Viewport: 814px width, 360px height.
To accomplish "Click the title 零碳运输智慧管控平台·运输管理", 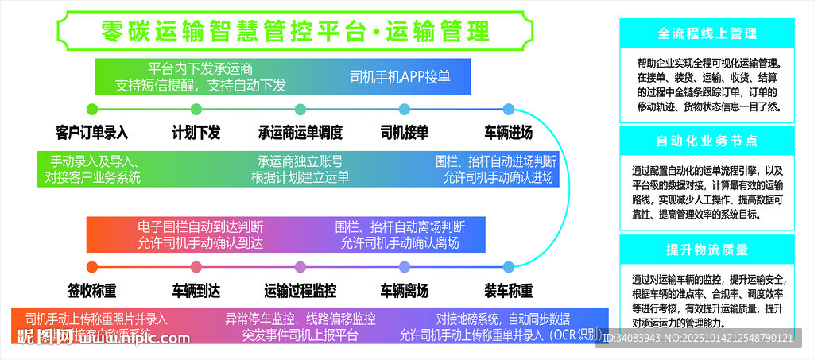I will (296, 31).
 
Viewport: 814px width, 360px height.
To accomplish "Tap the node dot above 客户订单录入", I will (92, 109).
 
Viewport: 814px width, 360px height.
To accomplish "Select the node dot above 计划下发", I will (196, 109).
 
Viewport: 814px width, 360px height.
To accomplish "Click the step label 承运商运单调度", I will (300, 132).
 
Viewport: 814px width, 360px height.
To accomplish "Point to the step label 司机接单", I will (405, 132).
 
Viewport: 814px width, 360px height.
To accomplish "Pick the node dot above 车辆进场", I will (509, 109).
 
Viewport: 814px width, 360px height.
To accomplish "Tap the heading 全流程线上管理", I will (707, 34).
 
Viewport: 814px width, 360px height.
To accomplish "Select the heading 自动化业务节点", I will (707, 141).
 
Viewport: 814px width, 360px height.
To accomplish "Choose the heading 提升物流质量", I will (707, 250).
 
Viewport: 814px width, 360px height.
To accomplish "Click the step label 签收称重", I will (92, 289).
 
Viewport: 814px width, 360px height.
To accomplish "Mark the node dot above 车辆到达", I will (196, 267).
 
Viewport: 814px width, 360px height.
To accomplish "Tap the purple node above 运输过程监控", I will (300, 267).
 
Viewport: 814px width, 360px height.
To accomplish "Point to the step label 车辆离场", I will (405, 289).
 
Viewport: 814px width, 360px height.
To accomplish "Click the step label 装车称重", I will (509, 289).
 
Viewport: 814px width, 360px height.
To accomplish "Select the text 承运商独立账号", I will (300, 160).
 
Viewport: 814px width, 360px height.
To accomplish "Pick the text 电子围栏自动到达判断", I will (200, 226).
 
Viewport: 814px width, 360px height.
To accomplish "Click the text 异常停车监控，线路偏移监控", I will (300, 319).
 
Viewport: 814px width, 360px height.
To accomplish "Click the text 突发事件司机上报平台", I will (300, 335).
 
